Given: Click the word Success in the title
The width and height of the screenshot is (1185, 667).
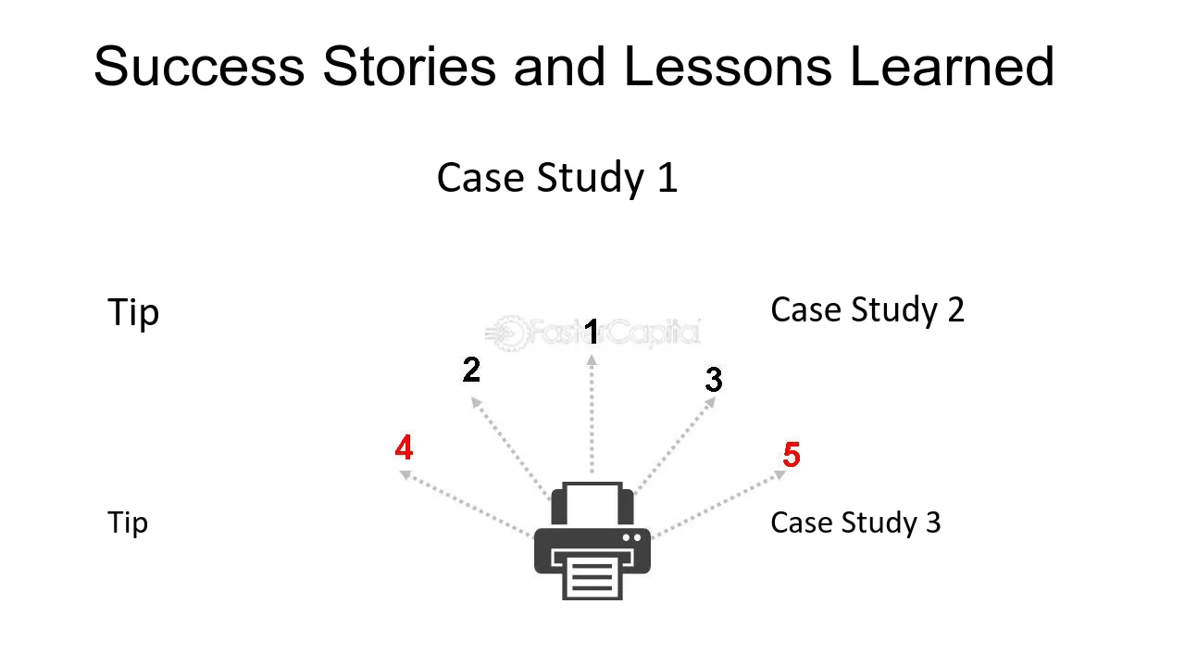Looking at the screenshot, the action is (x=199, y=66).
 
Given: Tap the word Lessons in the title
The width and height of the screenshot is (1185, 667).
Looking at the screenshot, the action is (x=728, y=66).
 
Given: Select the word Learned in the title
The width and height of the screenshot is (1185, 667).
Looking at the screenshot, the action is (x=952, y=66).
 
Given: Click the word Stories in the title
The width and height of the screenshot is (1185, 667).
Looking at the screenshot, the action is (x=409, y=66).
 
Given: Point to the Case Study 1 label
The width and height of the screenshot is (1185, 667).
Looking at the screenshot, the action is (x=557, y=178).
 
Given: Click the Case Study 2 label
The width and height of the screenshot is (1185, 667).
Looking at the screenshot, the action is (x=867, y=309).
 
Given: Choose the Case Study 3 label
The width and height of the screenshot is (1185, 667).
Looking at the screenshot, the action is (x=855, y=523).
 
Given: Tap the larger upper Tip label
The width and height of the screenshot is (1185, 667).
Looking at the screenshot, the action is (x=133, y=312).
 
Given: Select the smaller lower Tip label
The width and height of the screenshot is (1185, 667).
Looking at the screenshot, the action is (x=128, y=523).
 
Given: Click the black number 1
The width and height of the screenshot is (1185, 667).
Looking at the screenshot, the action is (x=592, y=333).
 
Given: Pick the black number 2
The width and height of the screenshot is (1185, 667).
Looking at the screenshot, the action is (x=471, y=369).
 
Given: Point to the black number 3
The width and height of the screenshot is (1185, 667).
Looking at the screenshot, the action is (x=714, y=379).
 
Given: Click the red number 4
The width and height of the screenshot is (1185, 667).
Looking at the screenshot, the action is (x=404, y=447).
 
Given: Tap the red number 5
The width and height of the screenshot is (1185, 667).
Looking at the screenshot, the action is (x=792, y=454).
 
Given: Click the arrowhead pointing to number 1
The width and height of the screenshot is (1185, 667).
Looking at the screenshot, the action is (x=592, y=360).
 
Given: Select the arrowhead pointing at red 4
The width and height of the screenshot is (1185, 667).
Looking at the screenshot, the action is (x=405, y=475).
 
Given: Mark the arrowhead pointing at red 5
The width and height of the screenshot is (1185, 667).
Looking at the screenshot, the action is (x=780, y=475).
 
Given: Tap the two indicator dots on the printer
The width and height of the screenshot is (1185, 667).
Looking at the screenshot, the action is (x=631, y=538).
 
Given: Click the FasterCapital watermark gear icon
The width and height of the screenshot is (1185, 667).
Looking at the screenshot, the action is (x=509, y=333).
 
